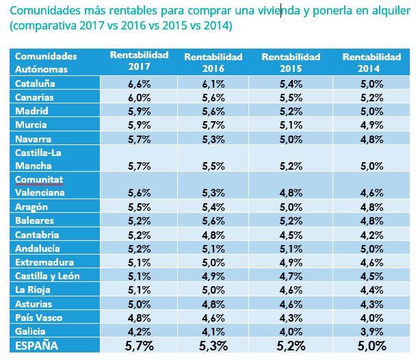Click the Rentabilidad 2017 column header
[x=139, y=62]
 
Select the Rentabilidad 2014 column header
[x=371, y=62]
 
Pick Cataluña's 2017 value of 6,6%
[x=139, y=83]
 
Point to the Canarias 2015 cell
[x=291, y=97]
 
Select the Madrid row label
[x=32, y=111]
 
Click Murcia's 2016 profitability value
[x=213, y=125]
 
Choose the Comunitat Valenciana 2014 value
[x=371, y=193]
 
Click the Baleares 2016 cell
[x=213, y=221]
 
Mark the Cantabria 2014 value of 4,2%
[x=371, y=235]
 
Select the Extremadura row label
[x=43, y=262]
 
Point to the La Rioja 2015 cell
[x=291, y=290]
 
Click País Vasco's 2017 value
[x=139, y=317]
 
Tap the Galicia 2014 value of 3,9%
[x=371, y=331]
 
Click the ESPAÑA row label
[x=37, y=346]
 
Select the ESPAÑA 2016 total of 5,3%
[x=213, y=346]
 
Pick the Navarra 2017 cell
[x=139, y=138]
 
